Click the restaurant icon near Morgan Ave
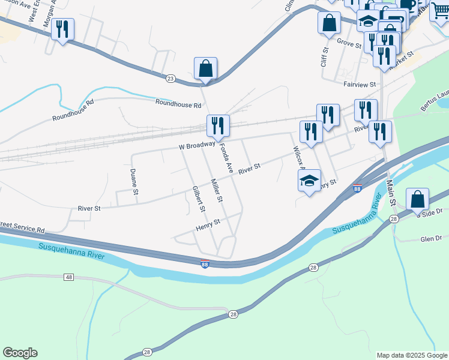click(x=62, y=29)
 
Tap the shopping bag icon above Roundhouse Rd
click(x=205, y=68)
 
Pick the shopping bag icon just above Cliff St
click(x=329, y=23)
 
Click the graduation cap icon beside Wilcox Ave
click(x=309, y=181)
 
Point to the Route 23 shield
click(x=170, y=78)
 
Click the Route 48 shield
click(x=69, y=277)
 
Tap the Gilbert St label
click(x=198, y=199)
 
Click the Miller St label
click(x=216, y=190)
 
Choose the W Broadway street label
click(x=196, y=145)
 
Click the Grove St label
click(x=348, y=42)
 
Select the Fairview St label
click(x=359, y=85)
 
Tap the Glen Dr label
click(x=430, y=238)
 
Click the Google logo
click(x=20, y=353)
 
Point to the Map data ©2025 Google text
click(x=411, y=355)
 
